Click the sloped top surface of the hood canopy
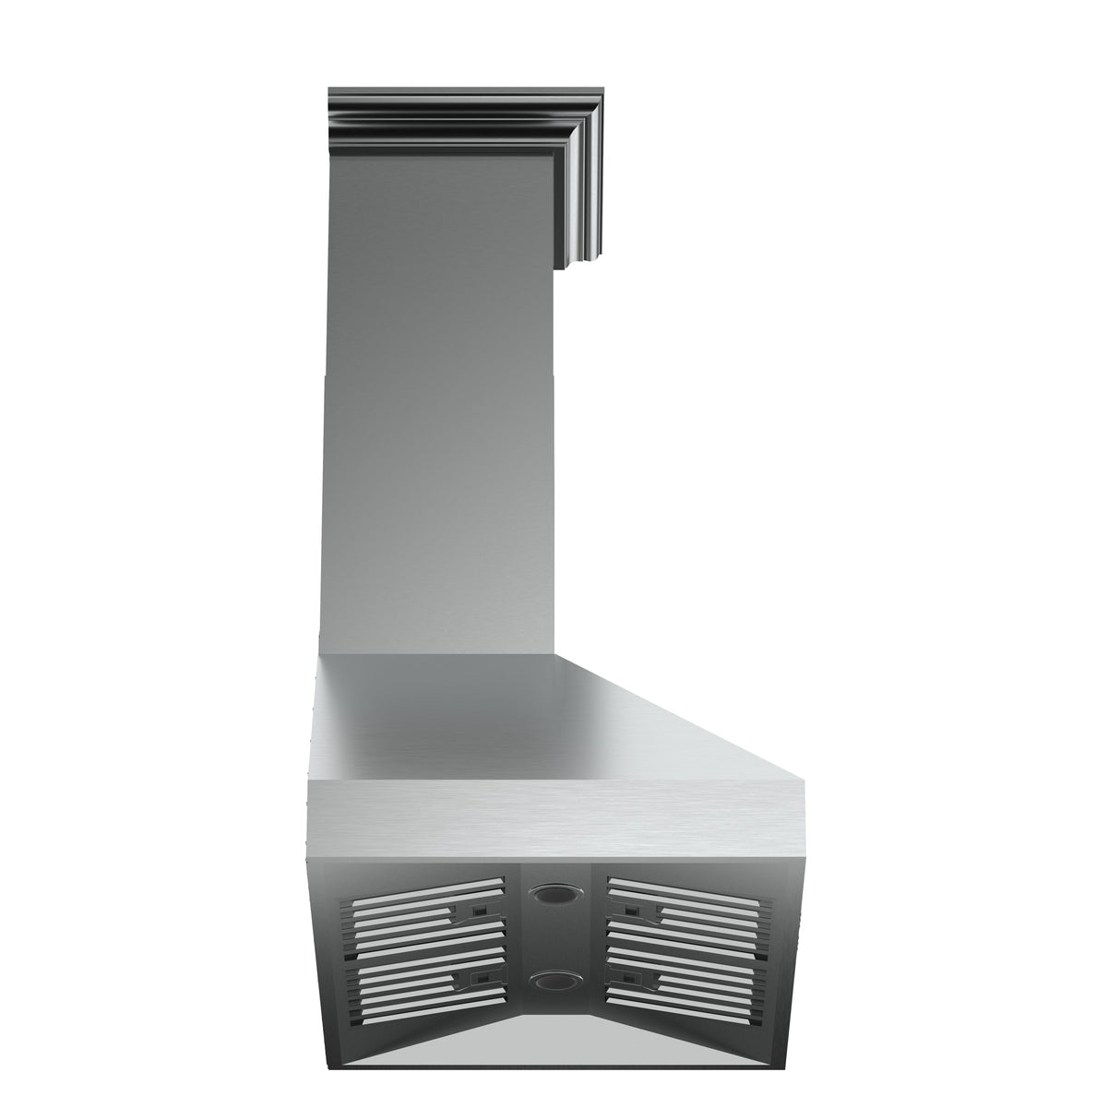517,720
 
